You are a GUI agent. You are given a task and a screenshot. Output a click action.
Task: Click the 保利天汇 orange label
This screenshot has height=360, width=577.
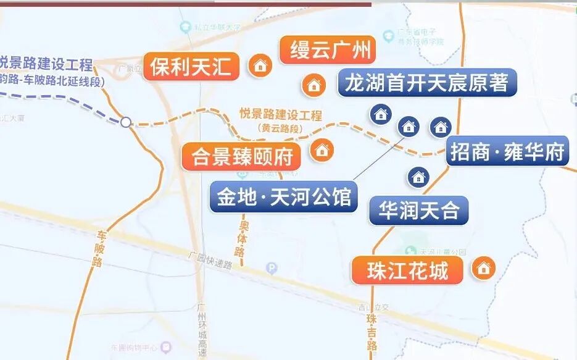191,67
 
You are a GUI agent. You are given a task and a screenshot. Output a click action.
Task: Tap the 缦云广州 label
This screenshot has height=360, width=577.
327,50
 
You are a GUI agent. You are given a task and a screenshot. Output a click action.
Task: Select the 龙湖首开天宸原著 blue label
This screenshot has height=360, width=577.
427,82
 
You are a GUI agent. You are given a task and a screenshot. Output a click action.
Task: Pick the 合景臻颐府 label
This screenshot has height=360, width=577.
241,156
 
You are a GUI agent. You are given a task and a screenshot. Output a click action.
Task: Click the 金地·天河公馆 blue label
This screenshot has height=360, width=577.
283,197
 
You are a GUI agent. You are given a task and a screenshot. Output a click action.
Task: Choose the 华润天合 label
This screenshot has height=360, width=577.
419,211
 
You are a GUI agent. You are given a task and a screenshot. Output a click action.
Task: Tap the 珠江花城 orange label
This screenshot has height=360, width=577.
407,271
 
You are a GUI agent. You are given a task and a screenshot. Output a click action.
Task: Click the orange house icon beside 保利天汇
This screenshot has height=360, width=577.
260,65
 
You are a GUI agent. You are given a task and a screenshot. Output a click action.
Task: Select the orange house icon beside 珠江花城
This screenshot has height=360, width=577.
483,268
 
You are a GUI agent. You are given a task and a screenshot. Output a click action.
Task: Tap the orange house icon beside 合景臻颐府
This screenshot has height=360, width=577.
322,150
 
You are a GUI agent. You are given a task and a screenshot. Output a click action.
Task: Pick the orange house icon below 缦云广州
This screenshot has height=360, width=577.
313,85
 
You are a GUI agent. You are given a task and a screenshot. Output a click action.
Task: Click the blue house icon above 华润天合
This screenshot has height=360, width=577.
418,177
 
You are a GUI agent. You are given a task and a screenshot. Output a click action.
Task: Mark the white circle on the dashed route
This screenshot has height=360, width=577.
126,122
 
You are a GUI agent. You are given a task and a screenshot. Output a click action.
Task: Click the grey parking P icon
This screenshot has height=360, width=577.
271,268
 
